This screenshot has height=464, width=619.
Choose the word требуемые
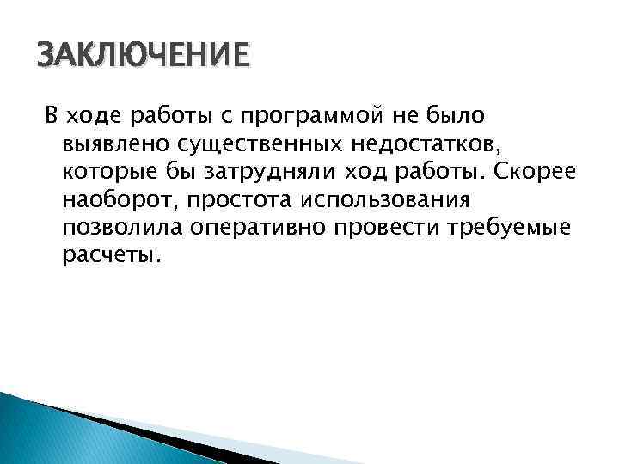(517, 228)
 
